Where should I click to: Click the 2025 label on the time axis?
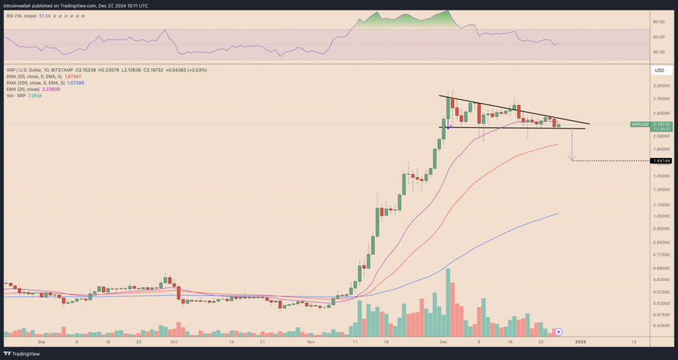coord(581,341)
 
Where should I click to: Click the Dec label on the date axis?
coord(445,341)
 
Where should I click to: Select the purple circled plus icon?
coord(559,331)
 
